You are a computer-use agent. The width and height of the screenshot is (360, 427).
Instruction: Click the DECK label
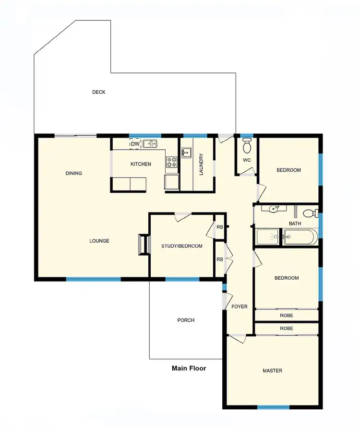(x=99, y=92)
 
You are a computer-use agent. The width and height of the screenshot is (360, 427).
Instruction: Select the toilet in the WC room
(x=247, y=145)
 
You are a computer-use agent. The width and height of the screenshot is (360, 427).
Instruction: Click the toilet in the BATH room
(x=312, y=213)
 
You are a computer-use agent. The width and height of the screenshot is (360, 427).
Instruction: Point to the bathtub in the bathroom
(x=300, y=237)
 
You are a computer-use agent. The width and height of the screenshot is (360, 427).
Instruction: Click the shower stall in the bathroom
(x=268, y=237)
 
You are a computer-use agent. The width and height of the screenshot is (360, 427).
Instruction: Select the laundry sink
(x=186, y=153)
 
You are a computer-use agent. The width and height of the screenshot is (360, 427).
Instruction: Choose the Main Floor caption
(x=189, y=368)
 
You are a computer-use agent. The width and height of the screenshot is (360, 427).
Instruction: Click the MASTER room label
(x=272, y=371)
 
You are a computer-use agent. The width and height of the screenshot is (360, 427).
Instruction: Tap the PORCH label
(x=186, y=320)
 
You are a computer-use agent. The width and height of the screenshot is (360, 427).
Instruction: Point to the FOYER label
(x=239, y=307)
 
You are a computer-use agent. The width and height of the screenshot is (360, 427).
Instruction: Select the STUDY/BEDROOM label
(x=181, y=246)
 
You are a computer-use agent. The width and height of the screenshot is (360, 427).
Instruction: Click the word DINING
(x=74, y=174)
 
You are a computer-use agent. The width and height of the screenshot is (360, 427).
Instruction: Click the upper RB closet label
(x=219, y=227)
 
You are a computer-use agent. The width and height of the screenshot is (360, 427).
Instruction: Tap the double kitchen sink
(x=151, y=143)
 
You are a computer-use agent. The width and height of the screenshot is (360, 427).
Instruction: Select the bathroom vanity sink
(x=274, y=209)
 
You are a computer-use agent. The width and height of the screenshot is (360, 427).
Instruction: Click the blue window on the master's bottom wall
(x=273, y=407)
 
